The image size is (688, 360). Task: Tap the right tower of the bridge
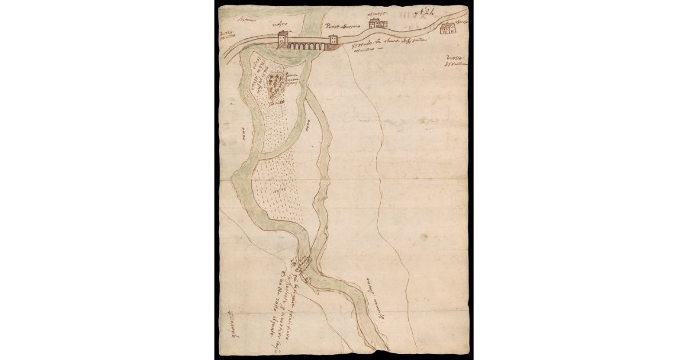tap(333, 42)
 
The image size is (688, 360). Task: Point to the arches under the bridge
tap(307, 45)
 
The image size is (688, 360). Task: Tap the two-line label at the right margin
tap(456, 64)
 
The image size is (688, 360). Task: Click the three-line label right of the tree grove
tap(296, 79)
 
